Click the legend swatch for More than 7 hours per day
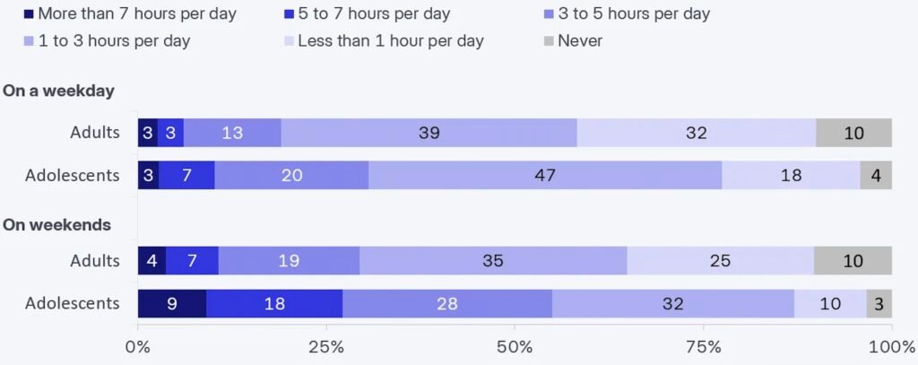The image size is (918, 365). point(29,13)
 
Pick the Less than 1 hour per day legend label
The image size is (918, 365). point(390,40)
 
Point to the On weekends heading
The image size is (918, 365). point(57,225)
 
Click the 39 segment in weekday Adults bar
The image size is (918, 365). point(429,133)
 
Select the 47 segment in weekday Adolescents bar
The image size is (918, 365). point(544,175)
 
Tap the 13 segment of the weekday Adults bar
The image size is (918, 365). point(232,133)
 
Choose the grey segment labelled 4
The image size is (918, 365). point(876,175)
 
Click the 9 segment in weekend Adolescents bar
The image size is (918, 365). point(171,303)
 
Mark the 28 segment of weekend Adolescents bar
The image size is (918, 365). point(446,303)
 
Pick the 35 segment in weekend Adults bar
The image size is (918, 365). point(492,261)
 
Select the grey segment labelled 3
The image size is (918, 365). point(879,303)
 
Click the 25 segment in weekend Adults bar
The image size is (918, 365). point(720,261)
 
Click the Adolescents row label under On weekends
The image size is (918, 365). point(72,303)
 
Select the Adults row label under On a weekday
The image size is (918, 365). point(95,133)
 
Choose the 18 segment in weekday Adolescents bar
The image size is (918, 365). point(790,175)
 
